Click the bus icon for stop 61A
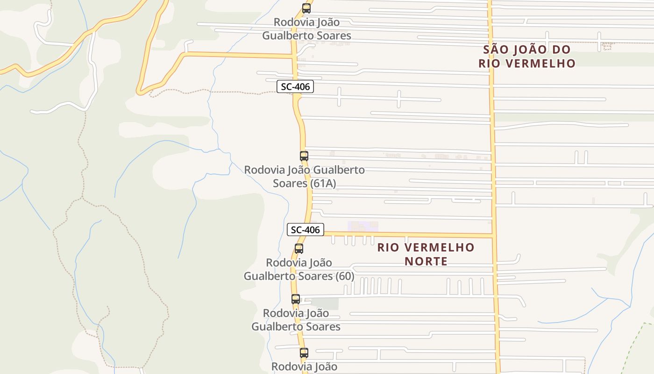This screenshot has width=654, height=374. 304,156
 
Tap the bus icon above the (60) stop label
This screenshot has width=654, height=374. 299,249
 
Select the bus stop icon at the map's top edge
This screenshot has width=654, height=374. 306,8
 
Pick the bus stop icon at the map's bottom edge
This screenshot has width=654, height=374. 304,353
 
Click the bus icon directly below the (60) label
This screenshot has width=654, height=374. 296,299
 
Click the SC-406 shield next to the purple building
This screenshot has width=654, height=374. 306,230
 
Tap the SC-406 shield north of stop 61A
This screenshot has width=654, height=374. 295,86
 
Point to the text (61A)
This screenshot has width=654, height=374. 323,183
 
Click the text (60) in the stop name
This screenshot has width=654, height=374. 344,276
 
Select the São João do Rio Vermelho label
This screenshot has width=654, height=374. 527,56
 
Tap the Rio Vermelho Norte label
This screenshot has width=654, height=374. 426,254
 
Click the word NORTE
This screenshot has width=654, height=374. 426,261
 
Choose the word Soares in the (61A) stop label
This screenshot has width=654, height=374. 290,183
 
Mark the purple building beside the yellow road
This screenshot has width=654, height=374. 363,227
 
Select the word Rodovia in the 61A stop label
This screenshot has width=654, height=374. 264,170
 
